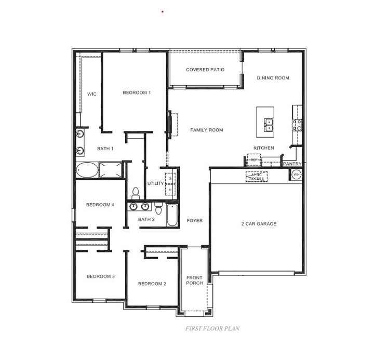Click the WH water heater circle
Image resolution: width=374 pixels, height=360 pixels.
click(x=297, y=175)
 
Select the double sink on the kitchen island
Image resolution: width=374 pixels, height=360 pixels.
click(x=270, y=124)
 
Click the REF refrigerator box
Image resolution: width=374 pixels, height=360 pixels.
click(x=253, y=160)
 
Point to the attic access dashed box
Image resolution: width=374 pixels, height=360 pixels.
click(x=256, y=177)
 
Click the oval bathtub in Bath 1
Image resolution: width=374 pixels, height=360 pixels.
click(x=87, y=169)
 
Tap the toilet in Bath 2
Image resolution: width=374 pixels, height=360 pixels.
click(x=158, y=207)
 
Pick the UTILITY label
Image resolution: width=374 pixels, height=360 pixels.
click(x=155, y=183)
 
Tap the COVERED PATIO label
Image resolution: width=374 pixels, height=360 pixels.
click(x=205, y=70)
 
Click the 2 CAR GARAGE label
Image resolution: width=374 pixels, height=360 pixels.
click(x=259, y=224)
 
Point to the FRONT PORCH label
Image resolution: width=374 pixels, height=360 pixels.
click(x=194, y=281)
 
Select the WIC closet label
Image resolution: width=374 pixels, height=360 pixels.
click(x=91, y=94)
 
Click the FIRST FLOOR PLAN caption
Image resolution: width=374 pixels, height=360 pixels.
click(x=212, y=328)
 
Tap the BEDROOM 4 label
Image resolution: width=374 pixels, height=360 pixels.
click(x=100, y=205)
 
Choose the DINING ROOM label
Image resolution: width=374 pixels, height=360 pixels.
click(x=273, y=78)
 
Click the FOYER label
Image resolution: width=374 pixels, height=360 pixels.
click(x=194, y=221)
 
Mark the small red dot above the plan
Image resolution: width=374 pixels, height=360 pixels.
click(x=163, y=11)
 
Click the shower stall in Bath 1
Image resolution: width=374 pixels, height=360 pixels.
click(x=110, y=169)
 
